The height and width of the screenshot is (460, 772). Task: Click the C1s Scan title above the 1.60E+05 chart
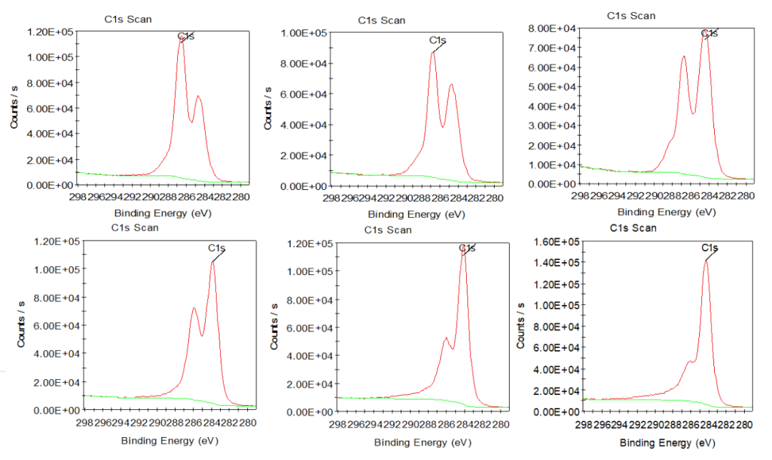pyautogui.click(x=633, y=228)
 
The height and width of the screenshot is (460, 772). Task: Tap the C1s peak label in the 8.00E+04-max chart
pyautogui.click(x=709, y=33)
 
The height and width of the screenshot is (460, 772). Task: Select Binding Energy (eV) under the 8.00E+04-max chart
pyautogui.click(x=666, y=212)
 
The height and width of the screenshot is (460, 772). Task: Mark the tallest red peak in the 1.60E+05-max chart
pyautogui.click(x=706, y=261)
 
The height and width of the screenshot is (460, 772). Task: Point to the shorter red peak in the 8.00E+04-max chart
pyautogui.click(x=683, y=56)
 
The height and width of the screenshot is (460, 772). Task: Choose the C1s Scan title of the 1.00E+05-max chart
pyautogui.click(x=381, y=21)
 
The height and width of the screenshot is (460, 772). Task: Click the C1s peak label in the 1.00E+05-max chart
pyautogui.click(x=437, y=40)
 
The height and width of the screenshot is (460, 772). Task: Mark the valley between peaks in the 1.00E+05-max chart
pyautogui.click(x=442, y=126)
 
